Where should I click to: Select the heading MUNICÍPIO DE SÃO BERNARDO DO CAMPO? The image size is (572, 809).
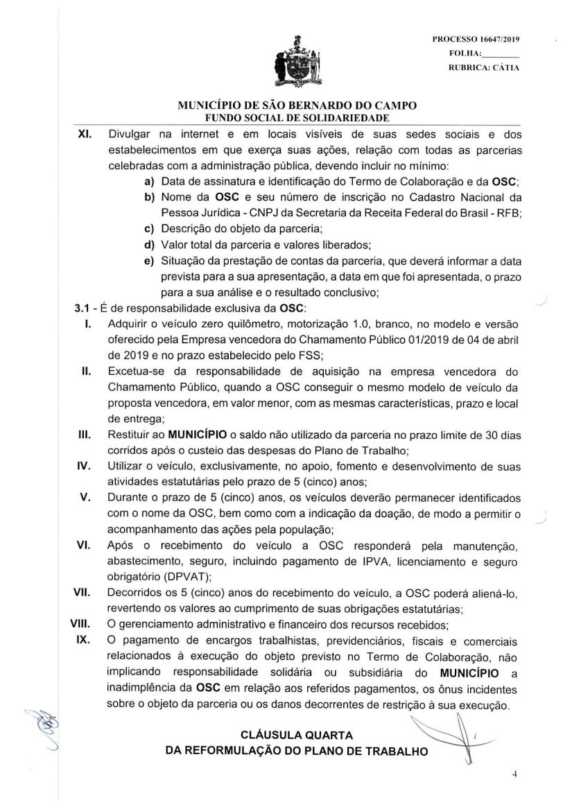pyautogui.click(x=297, y=106)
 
